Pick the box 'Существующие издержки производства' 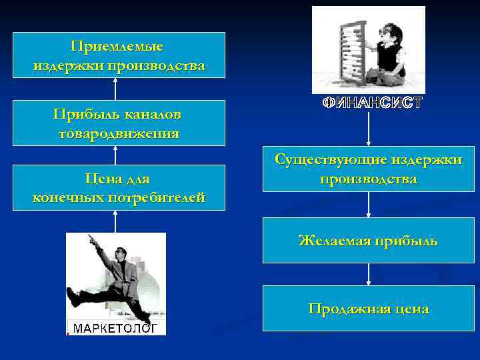pyautogui.click(x=368, y=169)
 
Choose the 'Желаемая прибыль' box pyautogui.click(x=368, y=241)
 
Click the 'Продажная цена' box pyautogui.click(x=368, y=309)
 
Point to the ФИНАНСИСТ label pyautogui.click(x=372, y=103)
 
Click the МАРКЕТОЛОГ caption pyautogui.click(x=115, y=328)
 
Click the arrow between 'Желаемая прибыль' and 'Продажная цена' pyautogui.click(x=369, y=274)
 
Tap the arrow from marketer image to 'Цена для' pyautogui.click(x=116, y=221)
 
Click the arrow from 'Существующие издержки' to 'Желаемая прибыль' pyautogui.click(x=369, y=205)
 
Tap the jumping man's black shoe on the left pyautogui.click(x=74, y=298)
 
